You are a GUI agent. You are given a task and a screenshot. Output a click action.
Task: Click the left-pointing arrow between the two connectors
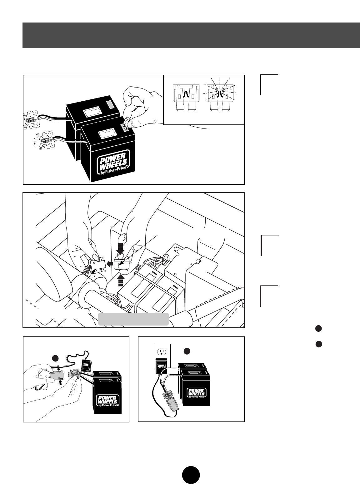(x=110, y=264)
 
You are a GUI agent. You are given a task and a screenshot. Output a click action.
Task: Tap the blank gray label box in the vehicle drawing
(x=133, y=319)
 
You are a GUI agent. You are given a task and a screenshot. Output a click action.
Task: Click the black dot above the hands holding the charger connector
(x=56, y=359)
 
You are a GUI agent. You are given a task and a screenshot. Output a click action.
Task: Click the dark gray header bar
(x=191, y=35)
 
